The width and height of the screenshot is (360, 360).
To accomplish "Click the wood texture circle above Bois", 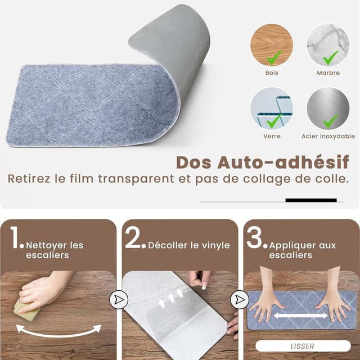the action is [272, 45].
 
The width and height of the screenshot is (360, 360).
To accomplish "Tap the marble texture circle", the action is [328, 45].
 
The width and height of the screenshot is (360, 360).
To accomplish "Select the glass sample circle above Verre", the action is [272, 109].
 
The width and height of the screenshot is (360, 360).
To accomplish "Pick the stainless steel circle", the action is [328, 109].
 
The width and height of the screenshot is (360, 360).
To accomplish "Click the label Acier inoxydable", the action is [328, 136].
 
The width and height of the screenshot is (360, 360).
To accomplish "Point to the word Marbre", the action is [328, 73].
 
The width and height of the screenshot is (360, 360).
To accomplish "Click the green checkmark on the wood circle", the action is [274, 58].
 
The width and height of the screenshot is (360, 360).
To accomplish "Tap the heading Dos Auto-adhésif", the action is [263, 163].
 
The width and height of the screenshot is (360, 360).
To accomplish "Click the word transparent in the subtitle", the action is [136, 179].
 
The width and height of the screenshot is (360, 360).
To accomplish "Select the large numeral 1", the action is [16, 237].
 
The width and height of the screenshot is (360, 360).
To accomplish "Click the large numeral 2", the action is [133, 237].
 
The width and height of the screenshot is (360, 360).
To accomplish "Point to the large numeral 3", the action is [254, 237].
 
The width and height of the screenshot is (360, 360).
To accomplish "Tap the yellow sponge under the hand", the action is [26, 310].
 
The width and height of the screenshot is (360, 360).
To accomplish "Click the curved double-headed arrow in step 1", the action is [58, 335].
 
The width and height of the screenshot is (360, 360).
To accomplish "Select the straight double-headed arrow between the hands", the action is [301, 316].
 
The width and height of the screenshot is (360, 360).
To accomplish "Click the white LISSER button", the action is [303, 346].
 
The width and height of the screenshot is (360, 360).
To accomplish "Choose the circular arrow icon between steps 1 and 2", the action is [119, 300].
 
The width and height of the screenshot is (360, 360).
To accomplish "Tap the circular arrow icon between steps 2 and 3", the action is [240, 300].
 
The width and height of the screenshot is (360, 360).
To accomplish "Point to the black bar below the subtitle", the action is [311, 200].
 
